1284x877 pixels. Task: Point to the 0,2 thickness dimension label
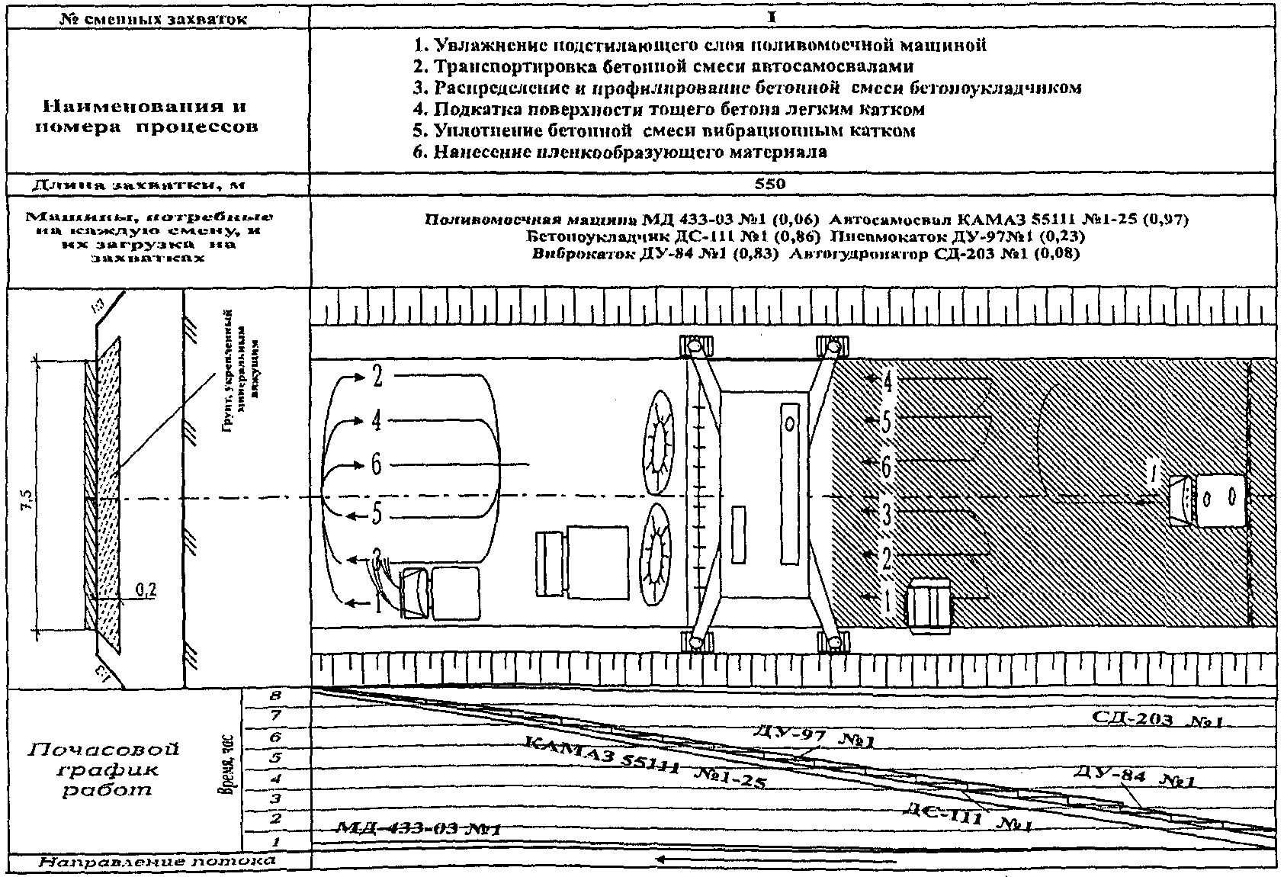click(x=145, y=589)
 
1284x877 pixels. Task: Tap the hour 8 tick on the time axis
click(x=275, y=695)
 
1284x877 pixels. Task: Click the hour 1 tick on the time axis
click(x=275, y=842)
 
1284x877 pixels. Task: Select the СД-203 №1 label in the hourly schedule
click(x=1157, y=718)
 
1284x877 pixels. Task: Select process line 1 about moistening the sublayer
click(x=699, y=45)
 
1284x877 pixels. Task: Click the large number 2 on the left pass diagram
click(x=377, y=377)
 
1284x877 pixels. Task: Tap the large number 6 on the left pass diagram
click(x=377, y=464)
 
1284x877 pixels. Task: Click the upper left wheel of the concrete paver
click(x=695, y=346)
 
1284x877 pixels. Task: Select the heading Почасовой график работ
click(x=105, y=769)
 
